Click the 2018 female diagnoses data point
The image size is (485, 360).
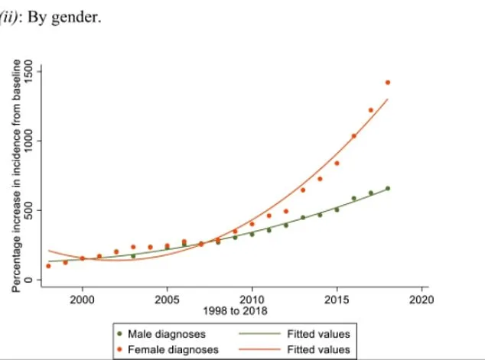[388, 83]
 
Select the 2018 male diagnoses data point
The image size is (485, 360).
[388, 188]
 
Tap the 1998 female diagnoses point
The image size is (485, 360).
[48, 266]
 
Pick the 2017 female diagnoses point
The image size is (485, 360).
[371, 110]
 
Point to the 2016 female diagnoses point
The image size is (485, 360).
[353, 136]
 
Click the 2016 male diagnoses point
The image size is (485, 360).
[353, 199]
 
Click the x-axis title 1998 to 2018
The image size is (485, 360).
[235, 311]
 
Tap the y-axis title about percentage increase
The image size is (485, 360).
[15, 176]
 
